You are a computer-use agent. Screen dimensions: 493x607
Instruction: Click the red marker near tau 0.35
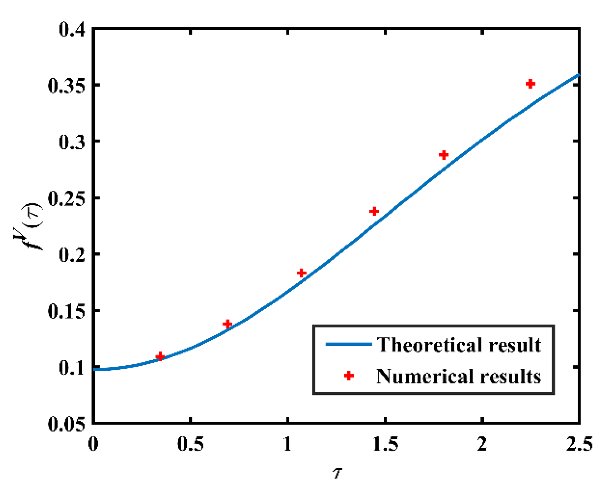(160, 356)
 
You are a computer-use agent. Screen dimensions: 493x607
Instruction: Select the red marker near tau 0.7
(227, 324)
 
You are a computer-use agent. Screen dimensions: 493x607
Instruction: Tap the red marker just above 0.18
(301, 273)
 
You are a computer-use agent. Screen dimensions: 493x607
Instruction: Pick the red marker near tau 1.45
(374, 211)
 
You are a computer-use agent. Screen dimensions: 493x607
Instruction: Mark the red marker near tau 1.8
(443, 155)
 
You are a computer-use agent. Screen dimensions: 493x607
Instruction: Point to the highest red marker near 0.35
(530, 84)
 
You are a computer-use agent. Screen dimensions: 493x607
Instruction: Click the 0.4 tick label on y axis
(72, 29)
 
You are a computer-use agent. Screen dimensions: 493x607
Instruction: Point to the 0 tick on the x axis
(93, 444)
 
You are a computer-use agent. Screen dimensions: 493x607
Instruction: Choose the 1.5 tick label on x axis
(385, 444)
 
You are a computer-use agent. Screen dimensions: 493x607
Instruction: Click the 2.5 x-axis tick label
(579, 444)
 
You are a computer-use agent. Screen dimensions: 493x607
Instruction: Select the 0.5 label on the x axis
(191, 444)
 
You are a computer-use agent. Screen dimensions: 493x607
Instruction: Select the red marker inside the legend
(349, 375)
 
